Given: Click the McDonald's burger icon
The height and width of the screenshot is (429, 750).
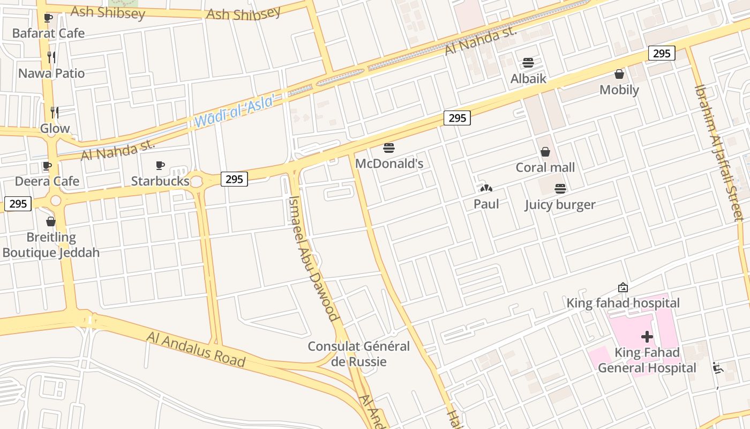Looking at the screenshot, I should pyautogui.click(x=389, y=148).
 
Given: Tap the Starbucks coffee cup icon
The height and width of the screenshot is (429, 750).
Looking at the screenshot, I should pyautogui.click(x=160, y=166).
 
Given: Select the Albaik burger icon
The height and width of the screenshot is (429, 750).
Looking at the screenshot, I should pyautogui.click(x=528, y=63).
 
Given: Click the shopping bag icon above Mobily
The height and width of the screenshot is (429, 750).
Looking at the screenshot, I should pyautogui.click(x=619, y=74).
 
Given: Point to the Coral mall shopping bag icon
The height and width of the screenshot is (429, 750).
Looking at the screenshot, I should pyautogui.click(x=545, y=152).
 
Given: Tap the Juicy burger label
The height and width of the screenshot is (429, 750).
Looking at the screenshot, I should pyautogui.click(x=560, y=204).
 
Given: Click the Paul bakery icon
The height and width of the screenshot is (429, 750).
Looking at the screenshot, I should pyautogui.click(x=486, y=188).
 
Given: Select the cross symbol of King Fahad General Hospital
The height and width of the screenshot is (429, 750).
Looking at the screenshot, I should pyautogui.click(x=647, y=337).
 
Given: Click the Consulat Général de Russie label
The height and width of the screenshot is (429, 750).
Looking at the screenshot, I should pyautogui.click(x=358, y=354).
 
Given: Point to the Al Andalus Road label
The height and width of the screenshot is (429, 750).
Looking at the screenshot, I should pyautogui.click(x=196, y=349).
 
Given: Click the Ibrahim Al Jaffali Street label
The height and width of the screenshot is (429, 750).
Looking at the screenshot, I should pyautogui.click(x=718, y=153).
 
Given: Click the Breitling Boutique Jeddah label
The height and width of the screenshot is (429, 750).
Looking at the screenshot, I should pyautogui.click(x=51, y=245).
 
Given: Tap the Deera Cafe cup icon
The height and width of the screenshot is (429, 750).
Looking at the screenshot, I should pyautogui.click(x=47, y=166).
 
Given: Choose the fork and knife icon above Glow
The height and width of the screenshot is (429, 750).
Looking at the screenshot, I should pyautogui.click(x=55, y=112).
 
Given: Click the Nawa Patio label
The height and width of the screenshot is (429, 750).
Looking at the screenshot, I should pyautogui.click(x=51, y=73).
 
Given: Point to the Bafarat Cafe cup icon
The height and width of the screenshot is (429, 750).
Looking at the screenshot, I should pyautogui.click(x=48, y=18).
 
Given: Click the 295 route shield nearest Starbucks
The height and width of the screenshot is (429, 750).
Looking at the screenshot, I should pyautogui.click(x=234, y=179).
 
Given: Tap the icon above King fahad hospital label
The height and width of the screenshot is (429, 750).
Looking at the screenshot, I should pyautogui.click(x=622, y=288).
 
